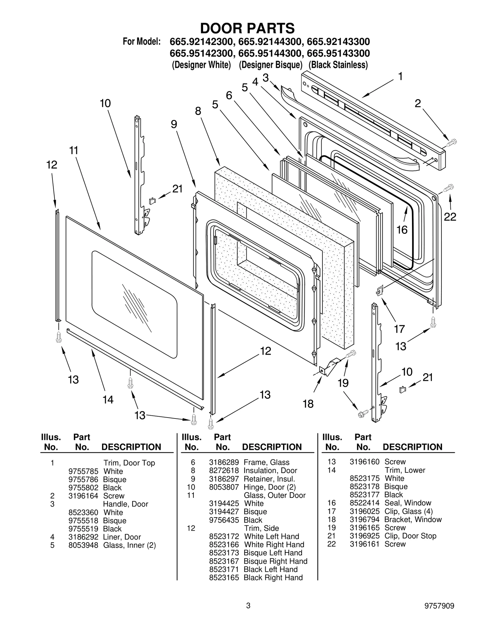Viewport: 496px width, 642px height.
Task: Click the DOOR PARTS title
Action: [x=247, y=28]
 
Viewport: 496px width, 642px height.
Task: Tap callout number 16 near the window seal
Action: [x=402, y=230]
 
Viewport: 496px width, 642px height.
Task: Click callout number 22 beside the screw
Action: [x=450, y=217]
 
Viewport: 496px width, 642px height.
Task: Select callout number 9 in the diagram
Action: [x=174, y=124]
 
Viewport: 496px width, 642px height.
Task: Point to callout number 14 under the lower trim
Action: [x=108, y=400]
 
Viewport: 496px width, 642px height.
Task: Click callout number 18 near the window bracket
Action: [x=308, y=404]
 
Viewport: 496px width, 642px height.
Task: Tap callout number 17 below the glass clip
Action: [x=399, y=329]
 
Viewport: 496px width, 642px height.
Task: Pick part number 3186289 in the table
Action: [x=224, y=462]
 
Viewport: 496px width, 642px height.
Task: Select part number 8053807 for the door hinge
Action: [x=224, y=487]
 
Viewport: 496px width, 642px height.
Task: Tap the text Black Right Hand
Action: [x=273, y=578]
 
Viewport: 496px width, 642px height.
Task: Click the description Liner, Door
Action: [x=122, y=537]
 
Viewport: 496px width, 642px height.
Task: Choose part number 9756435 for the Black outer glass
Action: [x=224, y=520]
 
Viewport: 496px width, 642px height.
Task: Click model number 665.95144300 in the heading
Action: [x=270, y=53]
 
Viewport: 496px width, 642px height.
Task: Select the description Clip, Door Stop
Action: [x=410, y=536]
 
